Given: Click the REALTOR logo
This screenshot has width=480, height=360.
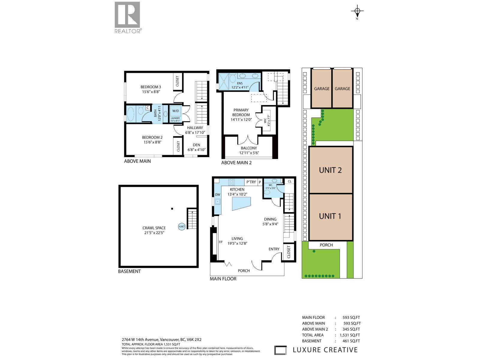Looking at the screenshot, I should click(x=127, y=17).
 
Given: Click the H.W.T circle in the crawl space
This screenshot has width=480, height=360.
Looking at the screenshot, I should click(x=181, y=226).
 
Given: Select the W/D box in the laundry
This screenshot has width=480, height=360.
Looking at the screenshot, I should click(x=175, y=111).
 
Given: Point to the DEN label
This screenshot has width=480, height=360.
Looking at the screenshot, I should click(x=196, y=145).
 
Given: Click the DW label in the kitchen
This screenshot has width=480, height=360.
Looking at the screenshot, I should click(x=217, y=195).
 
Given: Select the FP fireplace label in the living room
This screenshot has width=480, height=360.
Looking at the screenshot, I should click(x=220, y=242).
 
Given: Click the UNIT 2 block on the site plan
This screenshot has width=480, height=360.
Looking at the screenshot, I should click(x=330, y=170).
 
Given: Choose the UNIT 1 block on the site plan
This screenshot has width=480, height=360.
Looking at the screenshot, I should click(x=330, y=216).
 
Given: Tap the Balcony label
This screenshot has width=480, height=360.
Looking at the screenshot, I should click(x=249, y=148).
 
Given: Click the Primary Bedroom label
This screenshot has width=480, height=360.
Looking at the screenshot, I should click(x=241, y=112).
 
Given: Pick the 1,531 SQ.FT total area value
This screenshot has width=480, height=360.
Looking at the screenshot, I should click(x=349, y=335).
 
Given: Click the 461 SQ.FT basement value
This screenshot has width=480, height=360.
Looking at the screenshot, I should click(x=351, y=341).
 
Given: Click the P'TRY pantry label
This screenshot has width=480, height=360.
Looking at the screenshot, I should click(x=251, y=182).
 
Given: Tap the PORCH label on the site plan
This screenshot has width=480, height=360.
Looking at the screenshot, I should click(x=326, y=245).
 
